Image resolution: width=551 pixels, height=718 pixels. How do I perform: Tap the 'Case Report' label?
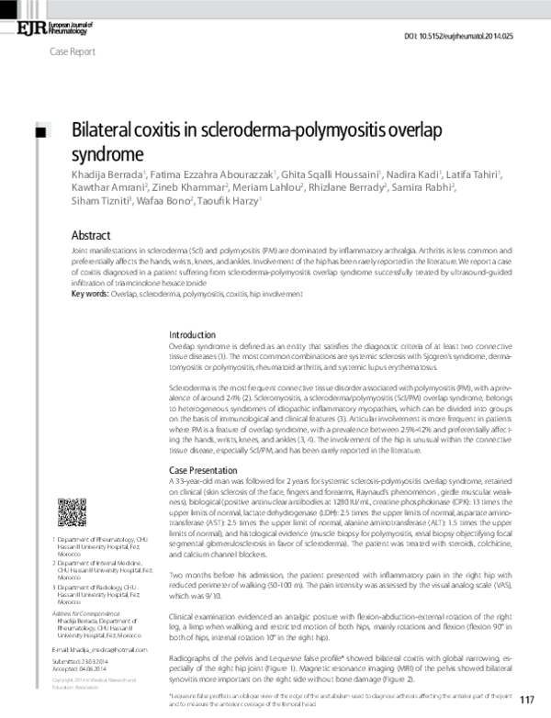(x=71, y=52)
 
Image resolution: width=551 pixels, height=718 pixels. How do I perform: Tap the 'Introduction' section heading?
(x=193, y=334)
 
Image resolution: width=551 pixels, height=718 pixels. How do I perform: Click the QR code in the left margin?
(x=76, y=515)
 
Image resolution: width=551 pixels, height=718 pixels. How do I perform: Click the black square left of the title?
(x=39, y=133)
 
